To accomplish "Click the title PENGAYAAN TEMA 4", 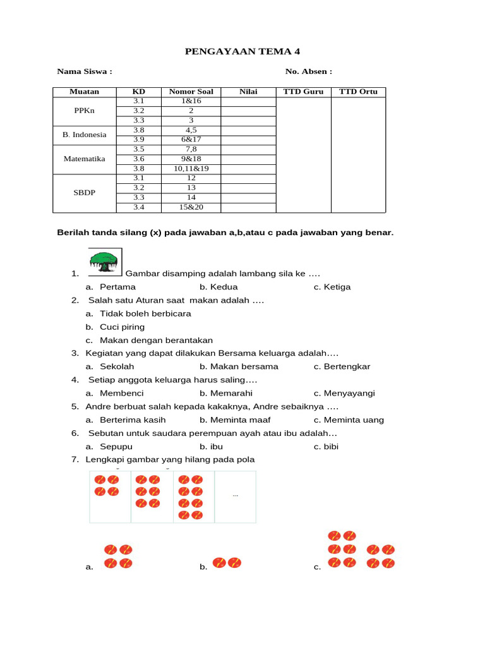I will point(231,51).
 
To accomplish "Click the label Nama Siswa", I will point(84,71).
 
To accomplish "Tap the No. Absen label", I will point(309,71).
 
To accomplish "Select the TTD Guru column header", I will point(303,92).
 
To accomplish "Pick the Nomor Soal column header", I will point(191,92).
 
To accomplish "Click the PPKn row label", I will point(84,111).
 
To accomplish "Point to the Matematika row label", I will point(84,159).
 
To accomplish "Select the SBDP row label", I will point(84,192).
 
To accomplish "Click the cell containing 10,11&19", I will point(191,169).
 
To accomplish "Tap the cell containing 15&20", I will point(191,207).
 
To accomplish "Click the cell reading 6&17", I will point(191,140).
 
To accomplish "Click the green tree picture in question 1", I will point(104,262).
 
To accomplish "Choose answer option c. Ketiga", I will point(332,287).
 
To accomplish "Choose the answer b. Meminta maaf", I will point(235,420).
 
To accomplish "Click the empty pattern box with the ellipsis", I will point(235,497).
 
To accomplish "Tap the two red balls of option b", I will point(227,562).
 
